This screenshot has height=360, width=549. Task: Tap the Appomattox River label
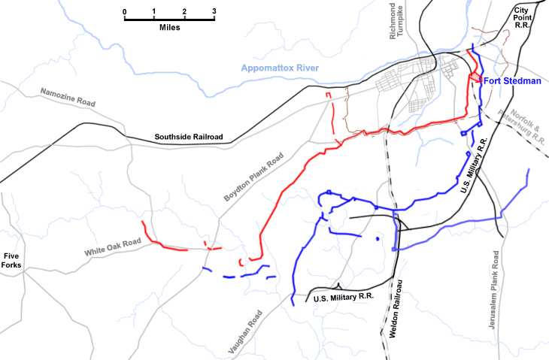(x=281, y=68)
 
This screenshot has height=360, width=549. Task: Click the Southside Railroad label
(x=189, y=137)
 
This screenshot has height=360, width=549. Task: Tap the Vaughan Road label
(x=245, y=331)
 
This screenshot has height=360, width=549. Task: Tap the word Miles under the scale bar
(x=169, y=26)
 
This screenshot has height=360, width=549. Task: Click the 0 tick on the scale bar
(x=124, y=11)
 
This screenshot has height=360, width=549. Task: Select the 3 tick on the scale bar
(x=214, y=11)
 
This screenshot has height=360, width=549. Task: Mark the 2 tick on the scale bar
(x=184, y=11)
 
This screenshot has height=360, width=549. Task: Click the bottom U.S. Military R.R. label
(x=343, y=298)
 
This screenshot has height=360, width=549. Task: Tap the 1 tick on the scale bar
(x=154, y=11)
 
